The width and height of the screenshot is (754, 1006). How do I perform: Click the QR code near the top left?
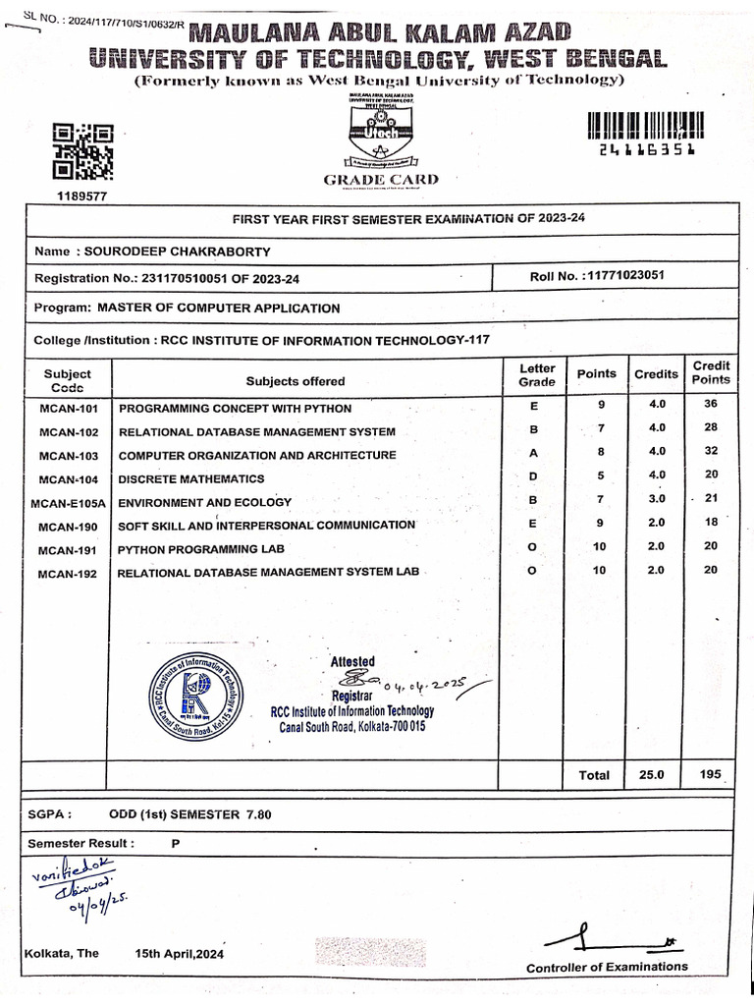pos(82,152)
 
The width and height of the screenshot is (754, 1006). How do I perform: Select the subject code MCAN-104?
pos(69,479)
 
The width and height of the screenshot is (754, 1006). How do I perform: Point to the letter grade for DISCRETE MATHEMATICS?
pos(534,477)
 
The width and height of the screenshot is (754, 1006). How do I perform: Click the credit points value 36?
pos(711,404)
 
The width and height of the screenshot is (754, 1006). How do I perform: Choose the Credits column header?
pos(656,374)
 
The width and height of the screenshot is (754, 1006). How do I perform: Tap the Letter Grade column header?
pos(536,374)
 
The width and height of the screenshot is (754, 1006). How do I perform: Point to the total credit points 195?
pos(711,774)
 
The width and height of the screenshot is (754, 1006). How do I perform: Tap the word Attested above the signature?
pos(352,661)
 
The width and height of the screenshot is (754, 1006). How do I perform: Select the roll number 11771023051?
pos(624,275)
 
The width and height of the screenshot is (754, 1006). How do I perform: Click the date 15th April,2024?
pos(180,954)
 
